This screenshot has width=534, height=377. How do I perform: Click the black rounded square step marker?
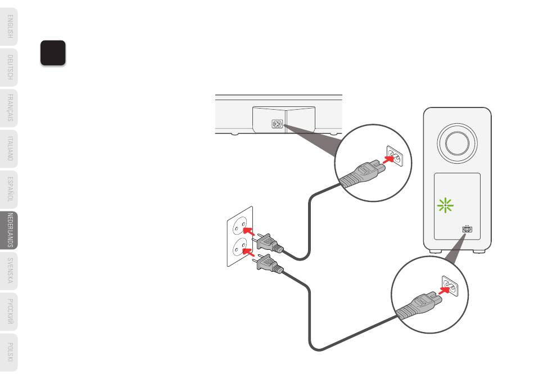53,52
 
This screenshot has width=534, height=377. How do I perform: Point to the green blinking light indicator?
445,207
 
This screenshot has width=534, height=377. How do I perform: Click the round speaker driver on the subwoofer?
456,141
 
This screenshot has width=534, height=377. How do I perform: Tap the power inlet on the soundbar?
277,123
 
